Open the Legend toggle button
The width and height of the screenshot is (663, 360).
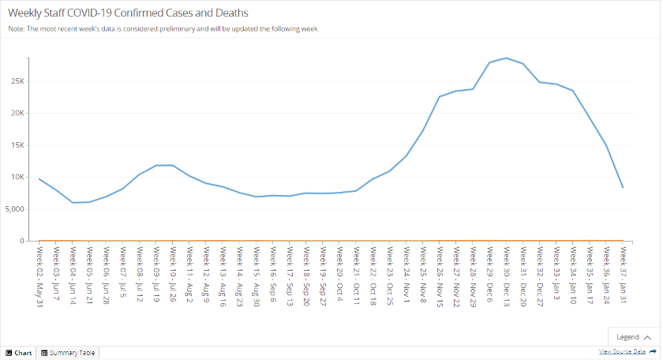[633, 336]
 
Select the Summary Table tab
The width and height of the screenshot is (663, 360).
[68, 353]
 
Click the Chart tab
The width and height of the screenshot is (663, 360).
[20, 353]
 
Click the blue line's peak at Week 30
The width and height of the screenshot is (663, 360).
[506, 58]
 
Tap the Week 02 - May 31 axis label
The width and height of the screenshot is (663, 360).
[39, 269]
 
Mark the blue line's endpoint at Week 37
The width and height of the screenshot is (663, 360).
[623, 187]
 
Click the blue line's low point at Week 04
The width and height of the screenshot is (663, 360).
[73, 203]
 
